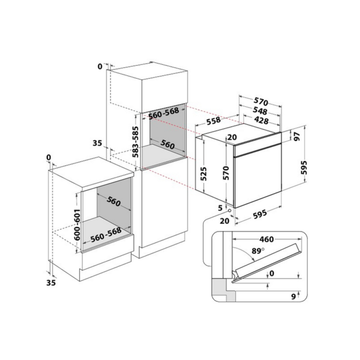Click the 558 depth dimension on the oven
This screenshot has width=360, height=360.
(214, 120)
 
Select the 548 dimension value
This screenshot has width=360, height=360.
(260, 110)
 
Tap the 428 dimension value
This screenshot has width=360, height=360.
(261, 120)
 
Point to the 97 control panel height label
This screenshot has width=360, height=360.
(298, 136)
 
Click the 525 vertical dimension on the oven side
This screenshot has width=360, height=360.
(204, 174)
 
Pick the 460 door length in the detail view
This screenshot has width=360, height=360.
(266, 239)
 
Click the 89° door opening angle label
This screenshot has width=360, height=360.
(258, 251)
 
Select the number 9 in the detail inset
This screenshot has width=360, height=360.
(293, 296)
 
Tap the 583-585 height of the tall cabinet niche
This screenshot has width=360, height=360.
(136, 142)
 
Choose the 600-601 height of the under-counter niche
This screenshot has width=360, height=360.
(78, 224)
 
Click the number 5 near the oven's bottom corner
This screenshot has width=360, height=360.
(220, 208)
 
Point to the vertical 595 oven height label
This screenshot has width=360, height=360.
(304, 168)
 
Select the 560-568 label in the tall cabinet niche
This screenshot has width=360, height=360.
(164, 113)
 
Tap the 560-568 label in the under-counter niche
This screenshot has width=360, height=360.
(106, 235)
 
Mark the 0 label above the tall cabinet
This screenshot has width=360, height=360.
(100, 66)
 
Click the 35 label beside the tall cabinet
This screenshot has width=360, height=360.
(97, 143)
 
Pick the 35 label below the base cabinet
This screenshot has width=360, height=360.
(51, 282)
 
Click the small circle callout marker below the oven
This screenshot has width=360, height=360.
(229, 210)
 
